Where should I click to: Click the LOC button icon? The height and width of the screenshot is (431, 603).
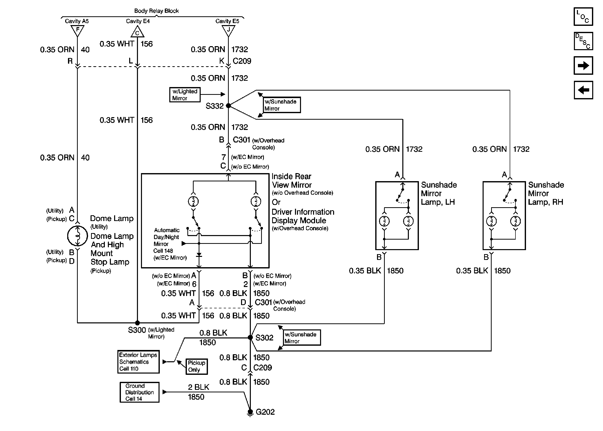[583, 17]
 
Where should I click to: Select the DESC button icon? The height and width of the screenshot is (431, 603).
[583, 41]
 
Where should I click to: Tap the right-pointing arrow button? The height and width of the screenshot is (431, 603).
[583, 65]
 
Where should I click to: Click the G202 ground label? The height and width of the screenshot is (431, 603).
[265, 412]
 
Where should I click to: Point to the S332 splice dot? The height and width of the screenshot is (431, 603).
[228, 106]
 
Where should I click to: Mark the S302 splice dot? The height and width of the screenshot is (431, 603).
[250, 337]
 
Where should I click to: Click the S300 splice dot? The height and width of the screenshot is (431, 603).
[137, 323]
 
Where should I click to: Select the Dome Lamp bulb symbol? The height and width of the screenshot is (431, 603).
[77, 236]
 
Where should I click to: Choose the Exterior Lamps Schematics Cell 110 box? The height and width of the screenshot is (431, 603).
[138, 362]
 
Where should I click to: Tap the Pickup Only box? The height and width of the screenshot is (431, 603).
[196, 366]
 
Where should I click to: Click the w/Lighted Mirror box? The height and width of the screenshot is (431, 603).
[185, 95]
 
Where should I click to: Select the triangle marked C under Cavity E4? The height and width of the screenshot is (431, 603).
[137, 32]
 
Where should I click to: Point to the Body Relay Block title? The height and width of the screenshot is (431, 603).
[156, 11]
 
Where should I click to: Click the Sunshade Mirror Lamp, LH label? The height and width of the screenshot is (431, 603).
[438, 193]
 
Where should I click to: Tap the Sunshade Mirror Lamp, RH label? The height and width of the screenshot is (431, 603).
[546, 193]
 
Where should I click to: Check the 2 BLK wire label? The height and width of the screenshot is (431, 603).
[198, 387]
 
